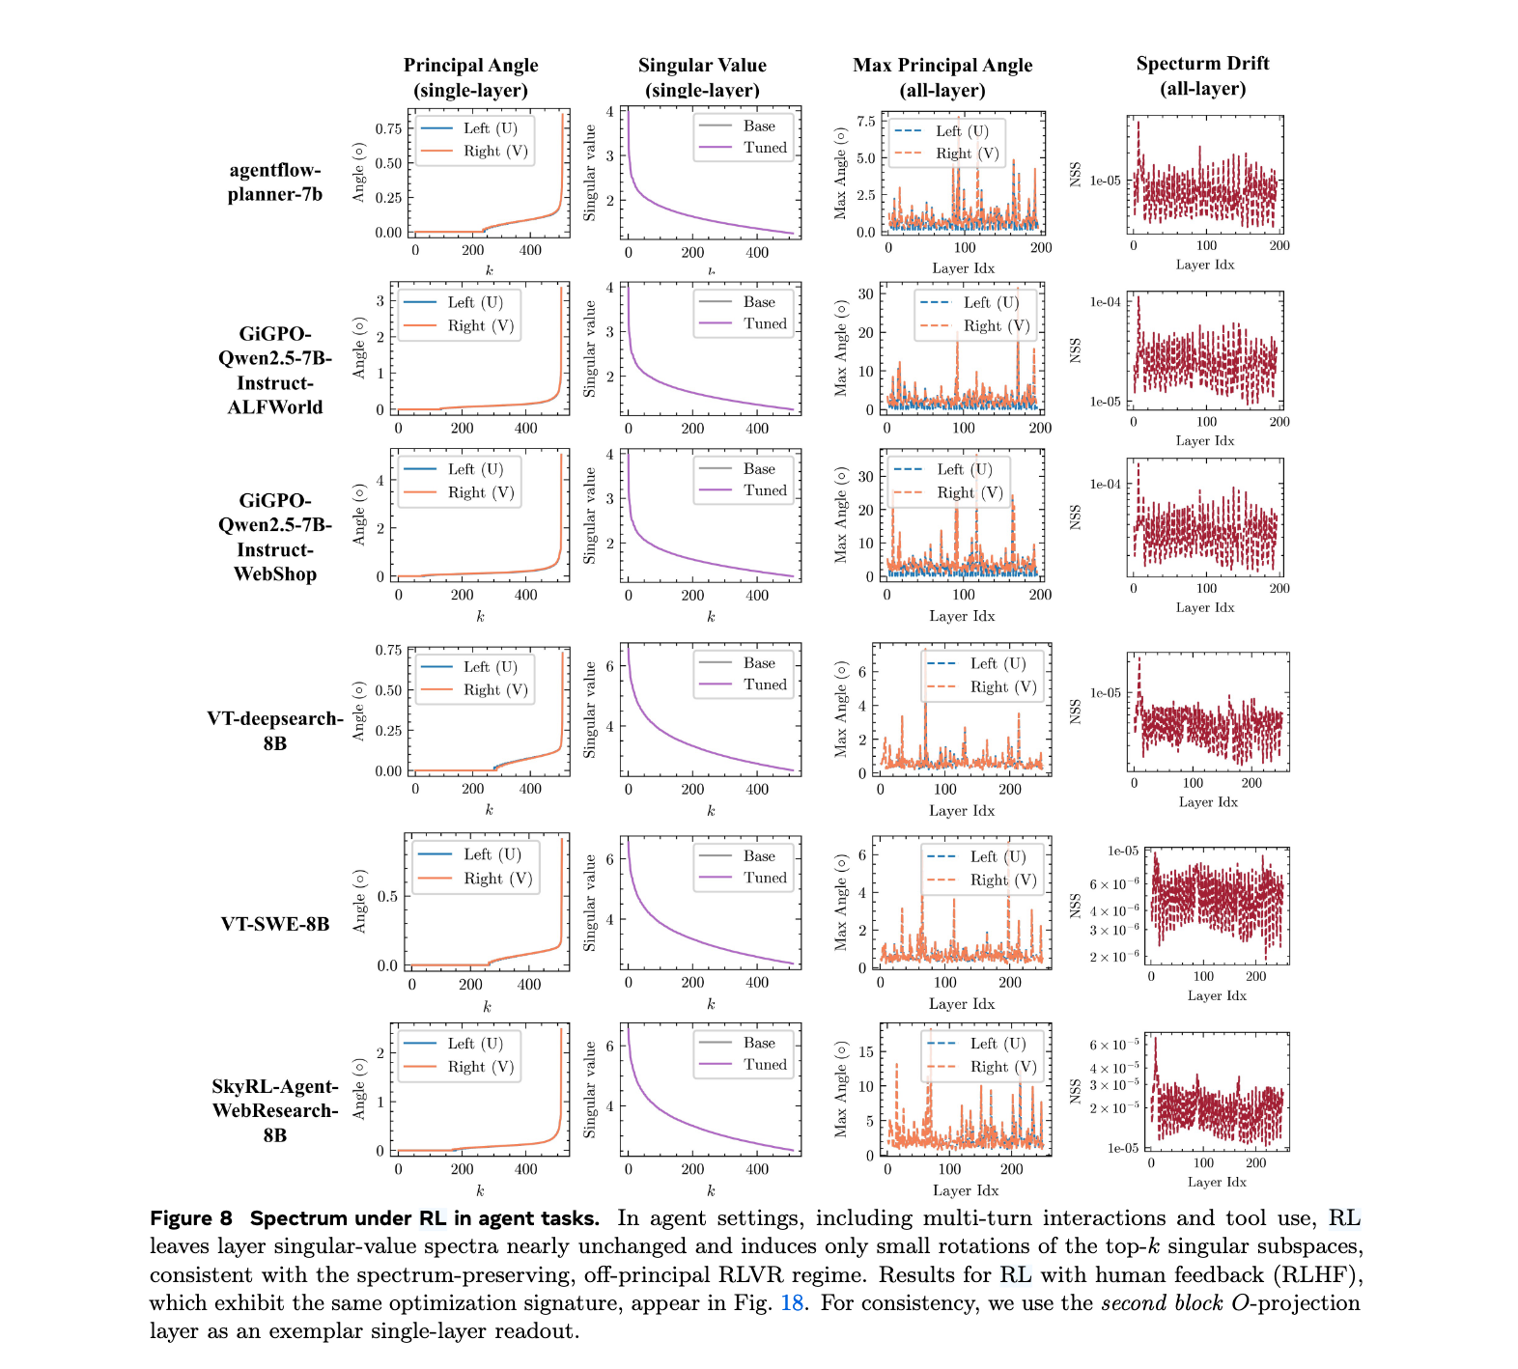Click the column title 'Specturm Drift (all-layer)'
1202,76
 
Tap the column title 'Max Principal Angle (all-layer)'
942,77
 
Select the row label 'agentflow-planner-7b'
275,182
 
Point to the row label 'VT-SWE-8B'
275,924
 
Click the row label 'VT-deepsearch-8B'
275,731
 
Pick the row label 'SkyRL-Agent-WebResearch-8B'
275,1110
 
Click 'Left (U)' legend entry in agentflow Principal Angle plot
490,128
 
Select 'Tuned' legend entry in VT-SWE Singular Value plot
765,878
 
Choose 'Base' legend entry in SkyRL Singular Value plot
759,1043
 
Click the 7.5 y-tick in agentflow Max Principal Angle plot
866,122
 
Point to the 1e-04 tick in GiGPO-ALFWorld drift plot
1106,302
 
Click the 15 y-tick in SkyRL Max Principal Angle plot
866,1051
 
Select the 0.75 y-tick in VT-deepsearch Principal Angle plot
388,651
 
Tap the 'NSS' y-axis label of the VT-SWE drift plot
1075,906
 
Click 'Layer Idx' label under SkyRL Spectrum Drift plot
1217,1182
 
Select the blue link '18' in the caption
792,1303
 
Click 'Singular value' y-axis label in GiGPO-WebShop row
590,516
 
